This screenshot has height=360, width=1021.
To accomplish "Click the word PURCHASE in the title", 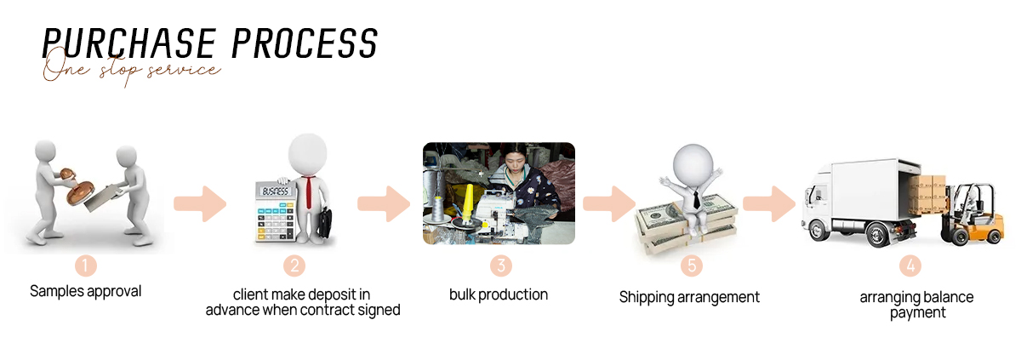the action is point(129,43).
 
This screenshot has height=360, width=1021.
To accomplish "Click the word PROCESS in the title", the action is point(305,43).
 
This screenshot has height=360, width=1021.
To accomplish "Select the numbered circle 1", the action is point(86,266).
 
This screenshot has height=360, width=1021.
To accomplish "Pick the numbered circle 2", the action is point(294,266).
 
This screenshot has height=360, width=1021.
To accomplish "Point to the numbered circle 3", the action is point(501,266).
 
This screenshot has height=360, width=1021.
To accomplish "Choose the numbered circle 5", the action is point(692,266).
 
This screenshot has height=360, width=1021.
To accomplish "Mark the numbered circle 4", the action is point(910,266).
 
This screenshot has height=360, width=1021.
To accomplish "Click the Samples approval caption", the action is point(86,292).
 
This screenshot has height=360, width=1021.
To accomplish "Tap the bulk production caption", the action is point(499,294).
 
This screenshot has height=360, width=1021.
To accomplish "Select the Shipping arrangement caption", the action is point(689,298).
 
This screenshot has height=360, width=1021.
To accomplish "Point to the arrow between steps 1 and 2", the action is point(200,203).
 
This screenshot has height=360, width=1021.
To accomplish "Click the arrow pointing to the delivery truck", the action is point(769,203).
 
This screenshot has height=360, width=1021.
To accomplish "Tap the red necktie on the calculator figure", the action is point(310,192).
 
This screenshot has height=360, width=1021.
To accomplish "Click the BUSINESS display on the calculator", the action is point(276,191).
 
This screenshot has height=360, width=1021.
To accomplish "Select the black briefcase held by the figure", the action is point(324,223).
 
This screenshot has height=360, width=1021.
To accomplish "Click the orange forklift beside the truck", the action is point(973,215).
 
